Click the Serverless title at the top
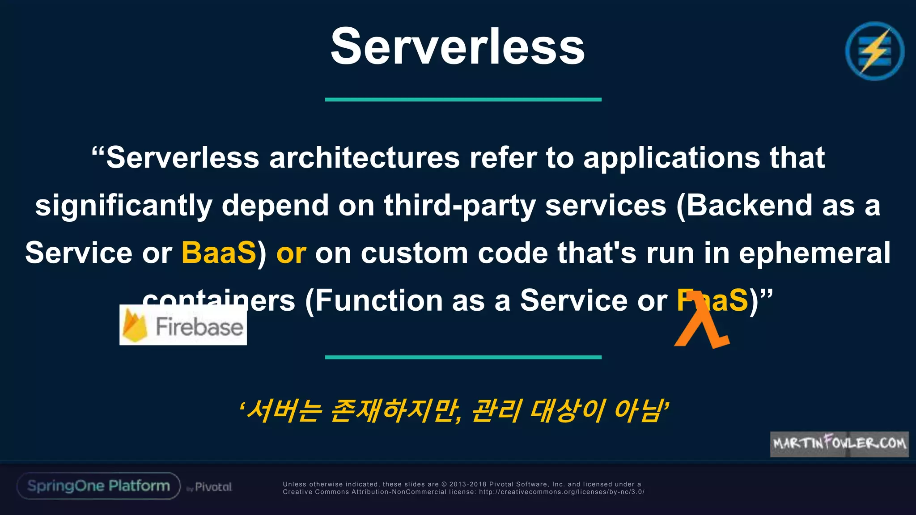point(458,46)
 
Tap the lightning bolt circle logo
point(874,51)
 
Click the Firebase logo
point(183,325)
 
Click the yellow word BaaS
point(219,253)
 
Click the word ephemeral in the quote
point(814,253)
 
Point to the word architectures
point(365,158)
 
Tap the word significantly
point(123,206)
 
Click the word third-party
point(459,206)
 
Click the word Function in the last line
point(378,300)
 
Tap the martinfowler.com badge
point(839,443)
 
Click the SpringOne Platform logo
point(98,486)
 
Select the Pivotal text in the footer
point(213,487)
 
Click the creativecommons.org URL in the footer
point(561,492)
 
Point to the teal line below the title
point(463,99)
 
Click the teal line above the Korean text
point(463,357)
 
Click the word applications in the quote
point(671,158)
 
